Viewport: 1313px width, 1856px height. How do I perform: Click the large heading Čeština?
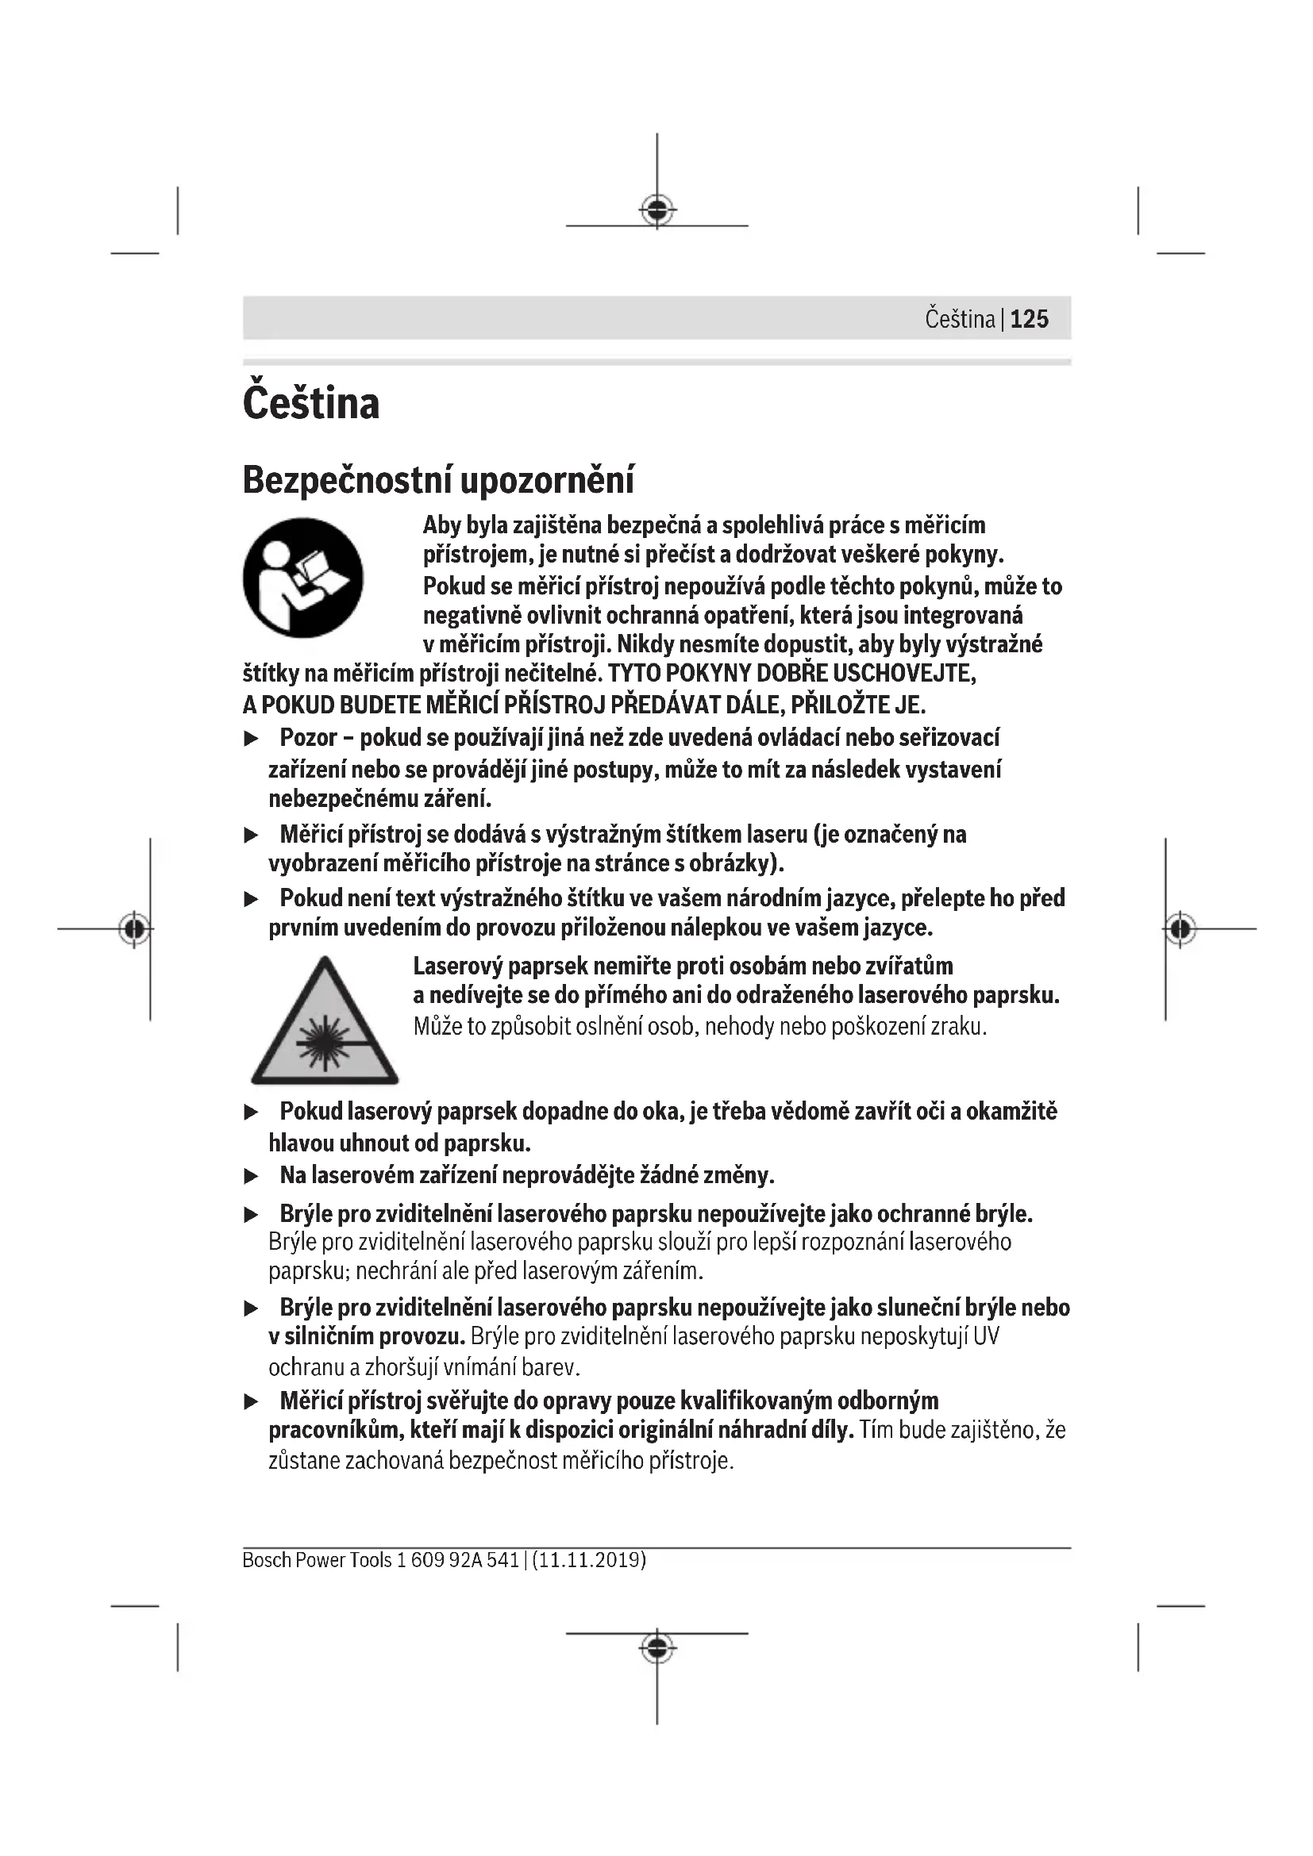pyautogui.click(x=310, y=402)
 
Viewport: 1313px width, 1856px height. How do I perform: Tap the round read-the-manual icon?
pyautogui.click(x=303, y=577)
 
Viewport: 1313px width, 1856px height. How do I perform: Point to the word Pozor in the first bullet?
pyautogui.click(x=308, y=737)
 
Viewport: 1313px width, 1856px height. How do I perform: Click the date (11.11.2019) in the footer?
pyautogui.click(x=588, y=1559)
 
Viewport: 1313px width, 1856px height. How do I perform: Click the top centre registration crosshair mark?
pyautogui.click(x=656, y=210)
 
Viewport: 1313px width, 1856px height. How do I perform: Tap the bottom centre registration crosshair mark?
pyautogui.click(x=656, y=1647)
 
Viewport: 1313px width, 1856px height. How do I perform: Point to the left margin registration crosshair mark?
pyautogui.click(x=134, y=928)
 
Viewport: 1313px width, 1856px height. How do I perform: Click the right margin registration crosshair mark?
pyautogui.click(x=1180, y=928)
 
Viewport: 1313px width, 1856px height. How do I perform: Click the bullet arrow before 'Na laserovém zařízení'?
pyautogui.click(x=252, y=1176)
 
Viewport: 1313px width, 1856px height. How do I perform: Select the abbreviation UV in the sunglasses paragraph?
pyautogui.click(x=986, y=1336)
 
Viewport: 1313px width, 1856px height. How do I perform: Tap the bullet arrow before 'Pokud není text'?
pyautogui.click(x=252, y=899)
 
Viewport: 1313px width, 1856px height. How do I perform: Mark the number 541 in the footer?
pyautogui.click(x=502, y=1559)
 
